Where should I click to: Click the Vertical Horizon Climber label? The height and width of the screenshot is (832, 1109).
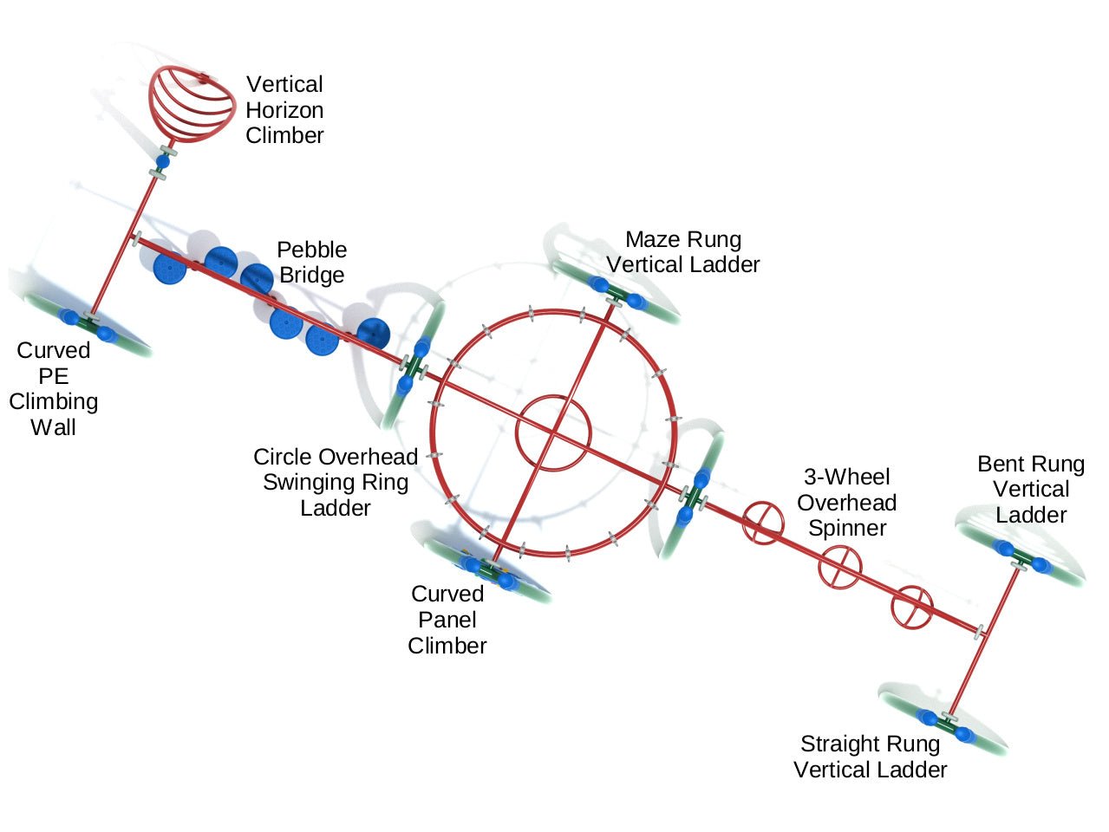(284, 109)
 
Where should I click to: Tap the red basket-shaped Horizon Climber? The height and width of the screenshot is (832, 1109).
(192, 103)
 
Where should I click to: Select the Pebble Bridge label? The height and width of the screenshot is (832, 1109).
(311, 262)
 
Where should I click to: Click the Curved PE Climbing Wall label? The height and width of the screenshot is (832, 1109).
(53, 388)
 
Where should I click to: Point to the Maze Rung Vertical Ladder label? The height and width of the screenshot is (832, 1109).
(683, 251)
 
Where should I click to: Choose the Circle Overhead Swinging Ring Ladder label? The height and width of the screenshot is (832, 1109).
(336, 482)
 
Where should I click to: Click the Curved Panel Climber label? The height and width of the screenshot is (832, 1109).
(447, 620)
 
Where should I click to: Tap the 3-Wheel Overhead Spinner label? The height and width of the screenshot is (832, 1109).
(847, 502)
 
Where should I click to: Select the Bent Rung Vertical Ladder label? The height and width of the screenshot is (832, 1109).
(1031, 489)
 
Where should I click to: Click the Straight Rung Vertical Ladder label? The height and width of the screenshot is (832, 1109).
(870, 757)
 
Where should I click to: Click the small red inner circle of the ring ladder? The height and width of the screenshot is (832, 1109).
(553, 432)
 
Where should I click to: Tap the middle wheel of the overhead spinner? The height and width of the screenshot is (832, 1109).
(840, 568)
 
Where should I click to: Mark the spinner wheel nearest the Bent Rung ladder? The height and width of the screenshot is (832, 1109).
(912, 607)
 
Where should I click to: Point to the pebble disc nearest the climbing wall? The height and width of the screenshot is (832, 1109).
(170, 267)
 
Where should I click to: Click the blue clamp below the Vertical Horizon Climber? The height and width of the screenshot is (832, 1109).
(162, 161)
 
